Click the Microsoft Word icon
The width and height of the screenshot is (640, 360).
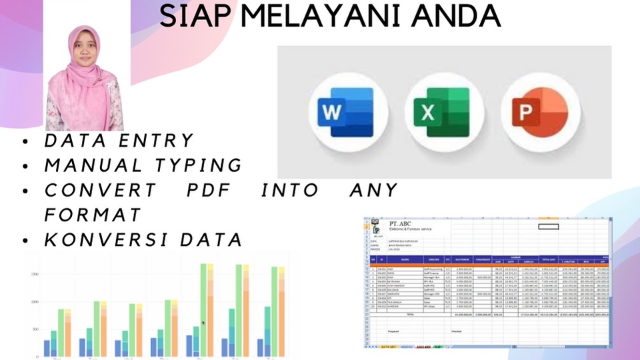pyautogui.click(x=345, y=111)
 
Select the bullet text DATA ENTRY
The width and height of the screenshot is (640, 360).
pyautogui.click(x=119, y=141)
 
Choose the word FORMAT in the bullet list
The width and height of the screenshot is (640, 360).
pyautogui.click(x=93, y=215)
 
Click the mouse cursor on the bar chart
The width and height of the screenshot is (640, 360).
pyautogui.click(x=203, y=323)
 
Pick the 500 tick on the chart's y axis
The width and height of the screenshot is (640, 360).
pyautogui.click(x=34, y=330)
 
